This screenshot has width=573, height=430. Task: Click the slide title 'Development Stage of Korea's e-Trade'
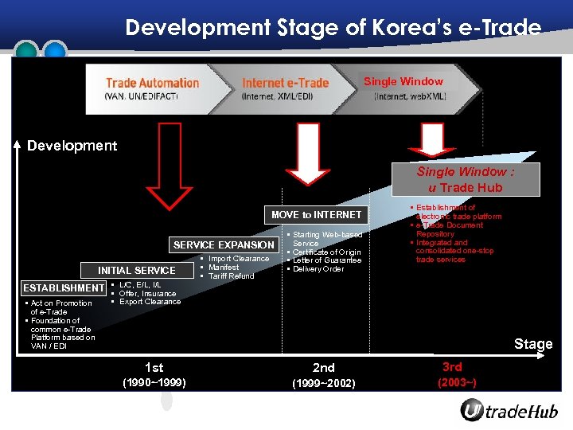click(x=333, y=28)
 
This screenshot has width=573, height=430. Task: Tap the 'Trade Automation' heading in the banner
click(x=152, y=83)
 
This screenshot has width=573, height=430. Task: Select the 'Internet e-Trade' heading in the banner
click(x=285, y=83)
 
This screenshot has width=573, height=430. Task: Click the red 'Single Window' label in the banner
click(x=403, y=81)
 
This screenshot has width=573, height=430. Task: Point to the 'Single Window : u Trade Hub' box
click(x=466, y=179)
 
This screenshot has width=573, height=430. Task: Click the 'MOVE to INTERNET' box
click(x=316, y=214)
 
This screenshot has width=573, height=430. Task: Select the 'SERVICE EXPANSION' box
click(x=224, y=245)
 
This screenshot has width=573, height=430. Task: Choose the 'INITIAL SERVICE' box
click(x=137, y=271)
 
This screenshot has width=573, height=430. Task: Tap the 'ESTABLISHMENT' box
click(x=64, y=287)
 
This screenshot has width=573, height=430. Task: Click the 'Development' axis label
click(x=72, y=146)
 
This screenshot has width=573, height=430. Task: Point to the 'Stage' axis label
click(x=532, y=344)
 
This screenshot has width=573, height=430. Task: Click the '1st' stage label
click(x=154, y=367)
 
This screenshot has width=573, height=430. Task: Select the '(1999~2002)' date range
click(x=323, y=384)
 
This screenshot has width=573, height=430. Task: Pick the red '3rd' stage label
click(x=452, y=366)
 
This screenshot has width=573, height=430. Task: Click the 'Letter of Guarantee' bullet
click(x=326, y=260)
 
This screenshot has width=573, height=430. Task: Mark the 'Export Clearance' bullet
click(x=150, y=302)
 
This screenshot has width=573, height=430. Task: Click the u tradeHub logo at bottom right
click(x=509, y=411)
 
